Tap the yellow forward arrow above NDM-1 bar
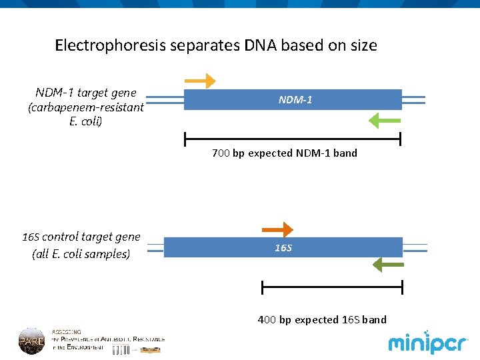coord(200,81)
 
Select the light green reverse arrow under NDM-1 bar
coord(384,121)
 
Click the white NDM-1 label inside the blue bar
coord(295,100)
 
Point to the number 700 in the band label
coord(221,153)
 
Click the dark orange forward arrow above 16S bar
coord(277,230)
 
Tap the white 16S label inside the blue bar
coord(283,248)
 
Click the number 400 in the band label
coord(267,320)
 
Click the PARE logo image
coord(31,341)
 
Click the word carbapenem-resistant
coord(85,107)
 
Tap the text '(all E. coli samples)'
coord(81,254)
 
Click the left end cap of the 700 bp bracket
coord(185,139)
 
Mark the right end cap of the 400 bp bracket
coord(403,287)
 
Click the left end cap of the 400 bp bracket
coord(263,287)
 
